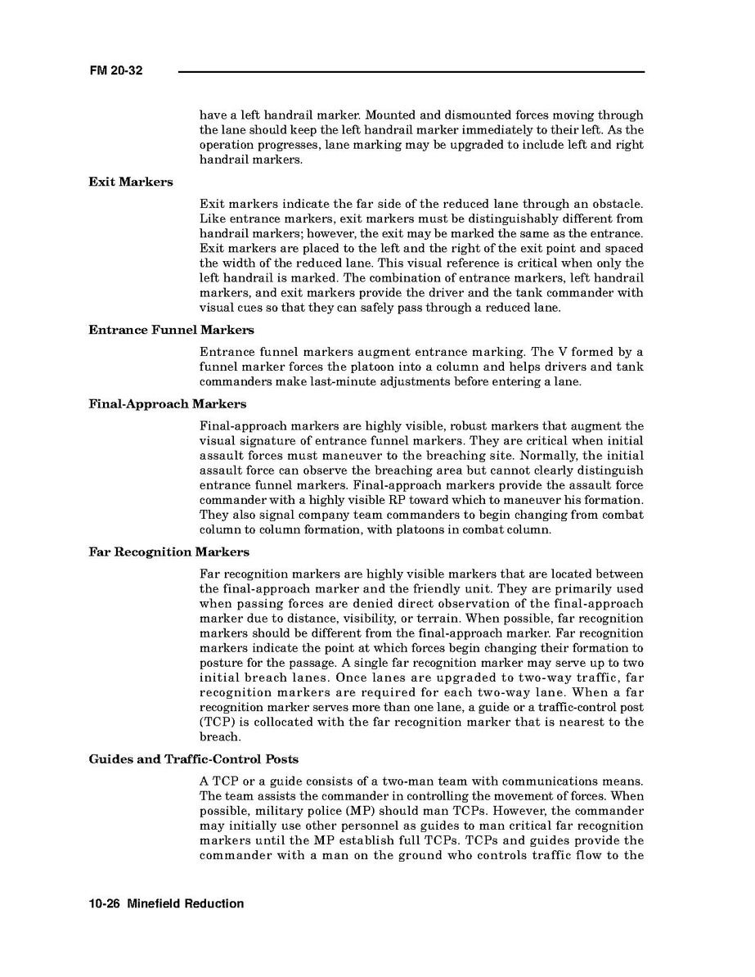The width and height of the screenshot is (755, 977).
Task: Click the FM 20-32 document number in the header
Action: (116, 71)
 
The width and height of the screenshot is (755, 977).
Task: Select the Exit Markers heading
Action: (131, 182)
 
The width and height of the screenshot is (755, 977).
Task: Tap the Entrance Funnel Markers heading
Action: (171, 330)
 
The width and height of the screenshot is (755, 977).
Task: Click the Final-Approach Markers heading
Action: (167, 404)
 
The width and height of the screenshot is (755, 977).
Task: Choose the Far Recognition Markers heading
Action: (169, 552)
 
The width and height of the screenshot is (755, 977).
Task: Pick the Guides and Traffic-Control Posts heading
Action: (193, 759)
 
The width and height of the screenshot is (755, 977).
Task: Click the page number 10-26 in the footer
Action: (106, 904)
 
